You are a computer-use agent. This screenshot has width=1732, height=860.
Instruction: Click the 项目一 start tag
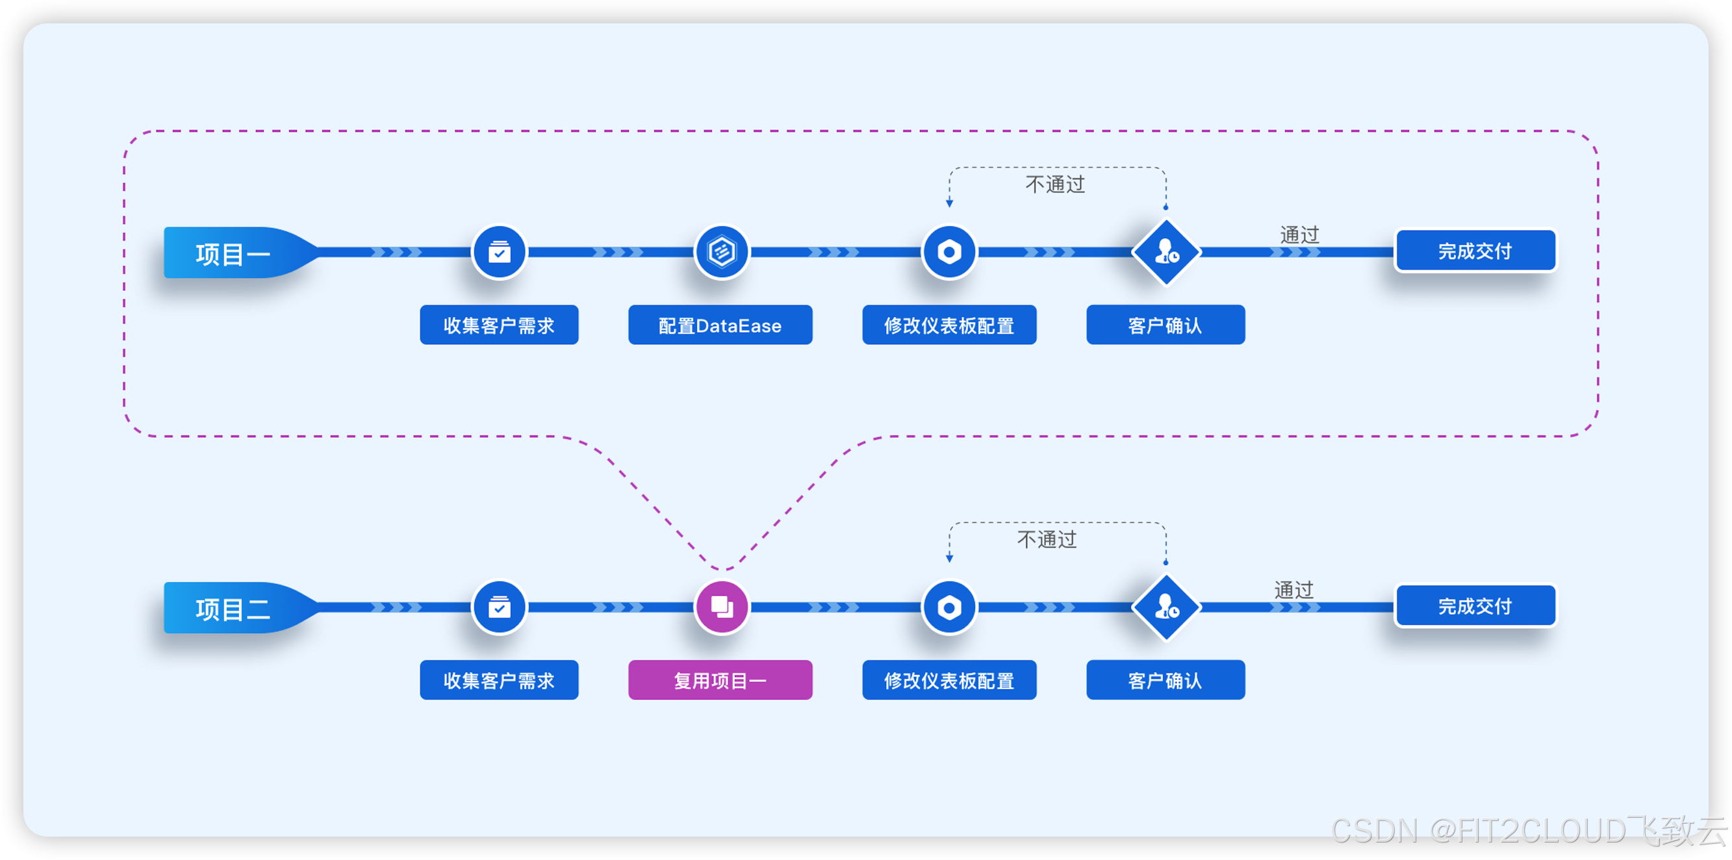click(x=233, y=253)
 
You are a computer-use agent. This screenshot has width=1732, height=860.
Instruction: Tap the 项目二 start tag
click(x=233, y=609)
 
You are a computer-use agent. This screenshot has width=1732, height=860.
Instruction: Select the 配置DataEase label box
click(x=720, y=325)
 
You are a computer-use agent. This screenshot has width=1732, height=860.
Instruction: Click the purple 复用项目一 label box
click(x=720, y=681)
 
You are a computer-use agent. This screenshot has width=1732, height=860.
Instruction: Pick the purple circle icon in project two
click(x=721, y=607)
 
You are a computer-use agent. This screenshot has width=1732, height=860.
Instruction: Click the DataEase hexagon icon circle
click(x=721, y=252)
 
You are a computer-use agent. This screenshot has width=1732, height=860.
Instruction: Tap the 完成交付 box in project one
click(x=1475, y=251)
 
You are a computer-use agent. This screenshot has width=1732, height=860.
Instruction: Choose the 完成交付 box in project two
click(x=1475, y=607)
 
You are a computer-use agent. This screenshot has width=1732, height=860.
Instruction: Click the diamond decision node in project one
click(x=1166, y=252)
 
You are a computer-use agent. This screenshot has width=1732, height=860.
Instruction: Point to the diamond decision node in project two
click(x=1166, y=607)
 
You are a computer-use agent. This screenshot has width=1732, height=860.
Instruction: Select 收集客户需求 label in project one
click(x=499, y=325)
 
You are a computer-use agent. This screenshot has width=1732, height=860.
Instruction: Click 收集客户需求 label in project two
click(x=499, y=681)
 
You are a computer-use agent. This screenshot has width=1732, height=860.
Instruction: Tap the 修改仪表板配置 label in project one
click(x=949, y=325)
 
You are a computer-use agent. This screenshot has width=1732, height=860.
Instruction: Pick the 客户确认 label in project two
click(x=1165, y=681)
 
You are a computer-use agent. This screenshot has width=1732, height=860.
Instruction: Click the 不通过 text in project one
click(x=1055, y=184)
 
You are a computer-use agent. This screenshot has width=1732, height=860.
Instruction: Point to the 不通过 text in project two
click(x=1047, y=539)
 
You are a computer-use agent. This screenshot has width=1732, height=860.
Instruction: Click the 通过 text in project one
click(x=1299, y=234)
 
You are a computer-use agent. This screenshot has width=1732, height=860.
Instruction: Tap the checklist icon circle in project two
click(x=499, y=607)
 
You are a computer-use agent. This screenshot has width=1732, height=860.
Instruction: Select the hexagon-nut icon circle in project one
click(x=949, y=252)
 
